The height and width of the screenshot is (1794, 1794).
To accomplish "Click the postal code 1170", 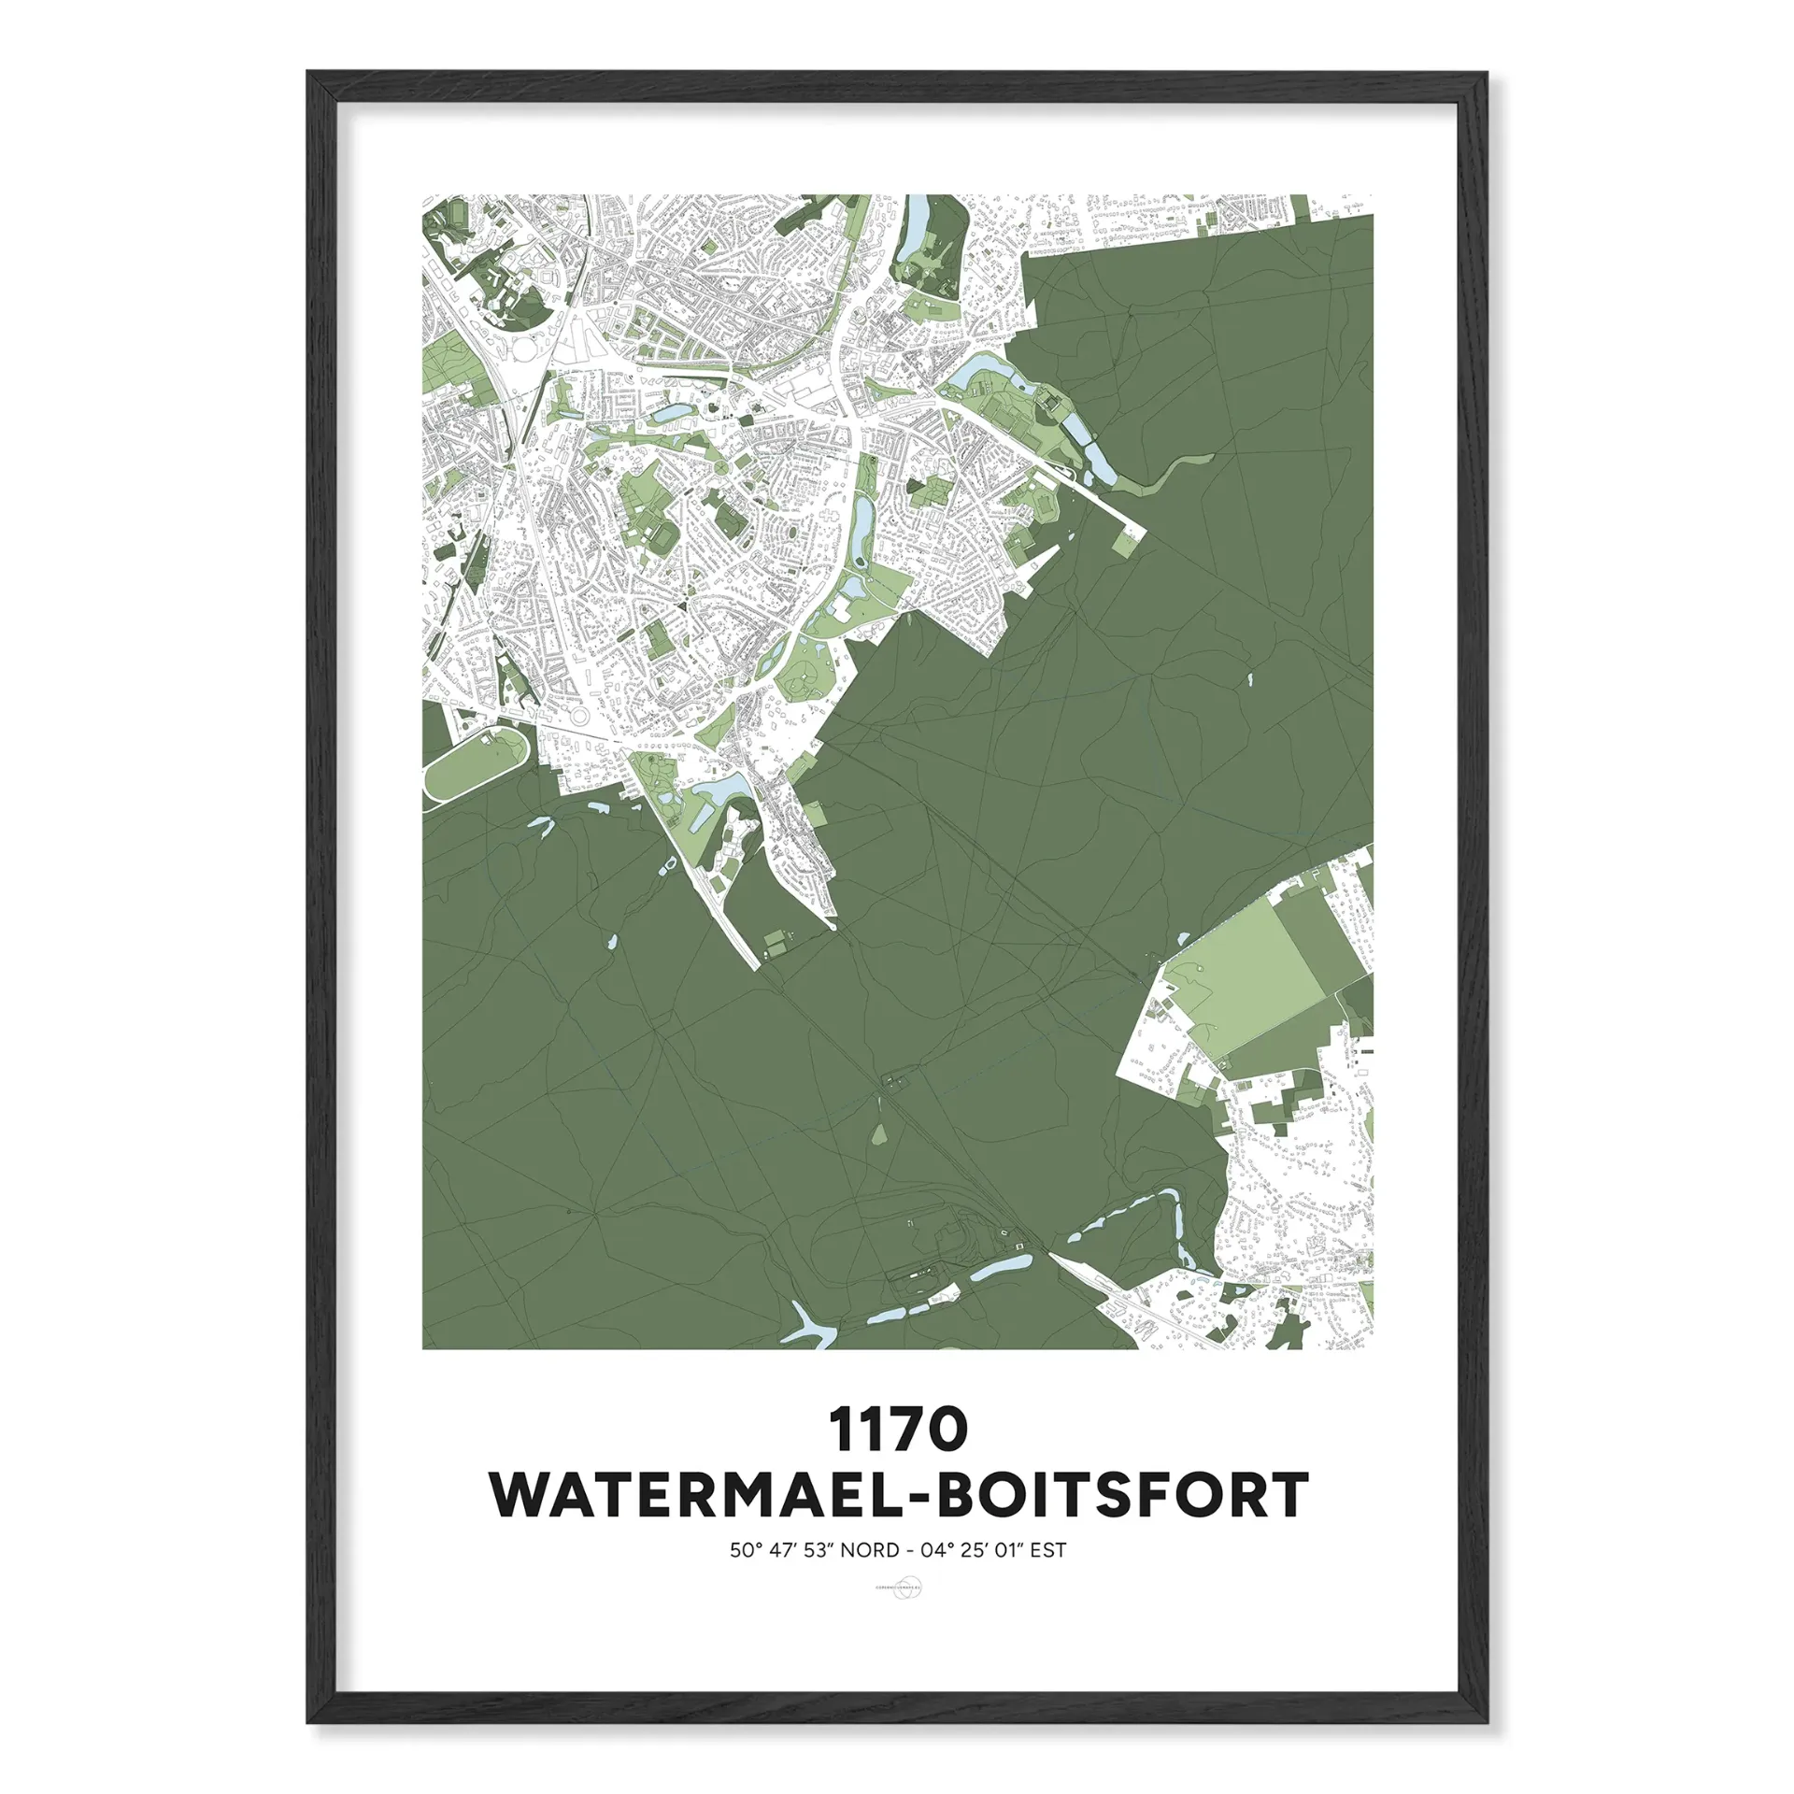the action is (x=897, y=1431).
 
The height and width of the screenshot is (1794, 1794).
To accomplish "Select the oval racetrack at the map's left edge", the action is (x=476, y=763).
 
